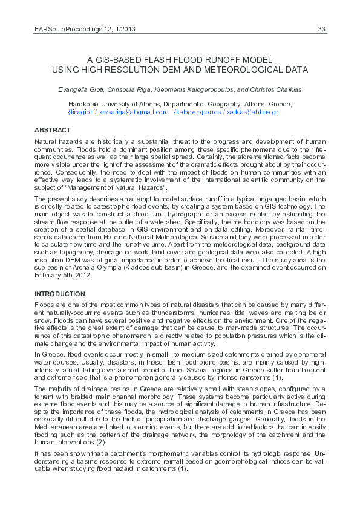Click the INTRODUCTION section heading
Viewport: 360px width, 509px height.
pyautogui.click(x=60, y=294)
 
